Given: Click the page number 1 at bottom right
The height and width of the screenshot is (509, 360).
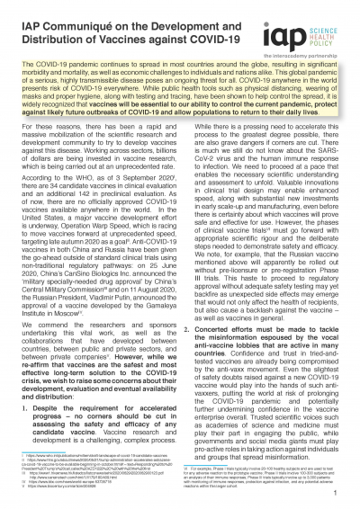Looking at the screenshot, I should pos(334,493).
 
